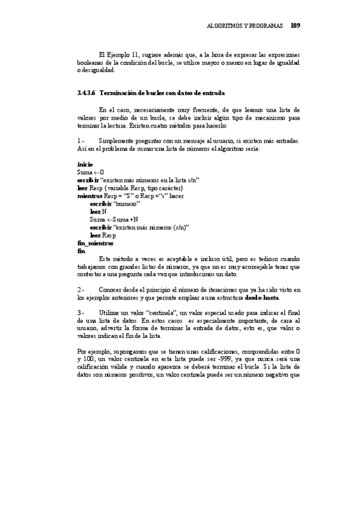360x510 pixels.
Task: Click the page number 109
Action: click(295, 26)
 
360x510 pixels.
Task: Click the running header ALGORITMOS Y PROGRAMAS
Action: click(245, 26)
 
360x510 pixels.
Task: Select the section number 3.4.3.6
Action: click(87, 93)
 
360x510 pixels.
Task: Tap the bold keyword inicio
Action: click(85, 164)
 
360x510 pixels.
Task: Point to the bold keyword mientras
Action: click(90, 195)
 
